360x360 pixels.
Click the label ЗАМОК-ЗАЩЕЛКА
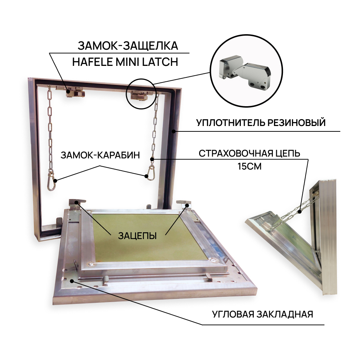coord(128,46)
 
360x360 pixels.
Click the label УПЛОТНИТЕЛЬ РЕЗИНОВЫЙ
coord(261,122)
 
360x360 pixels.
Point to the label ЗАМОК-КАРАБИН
coord(100,155)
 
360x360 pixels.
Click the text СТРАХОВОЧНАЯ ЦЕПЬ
coord(249,153)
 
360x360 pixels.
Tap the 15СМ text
coord(249,166)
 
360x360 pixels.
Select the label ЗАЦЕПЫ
coord(137,236)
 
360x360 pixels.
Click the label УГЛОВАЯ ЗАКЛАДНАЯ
coord(262,314)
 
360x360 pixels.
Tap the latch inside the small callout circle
coord(140,95)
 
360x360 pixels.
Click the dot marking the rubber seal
coord(174,131)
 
